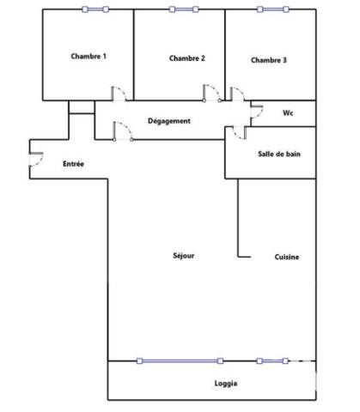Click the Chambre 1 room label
[88, 57]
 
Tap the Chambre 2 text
[186, 58]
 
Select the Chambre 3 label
[269, 60]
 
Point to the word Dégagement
[169, 121]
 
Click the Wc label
[289, 112]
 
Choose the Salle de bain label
[278, 154]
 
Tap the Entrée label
[73, 163]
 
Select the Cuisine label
[287, 257]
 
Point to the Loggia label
[226, 383]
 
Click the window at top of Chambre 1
[95, 9]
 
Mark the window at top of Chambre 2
[183, 9]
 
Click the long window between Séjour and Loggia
[180, 360]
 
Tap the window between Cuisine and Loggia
[272, 360]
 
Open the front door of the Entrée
[36, 159]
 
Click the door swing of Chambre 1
[121, 93]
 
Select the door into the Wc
[255, 109]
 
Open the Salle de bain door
[238, 132]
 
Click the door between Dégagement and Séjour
[123, 131]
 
